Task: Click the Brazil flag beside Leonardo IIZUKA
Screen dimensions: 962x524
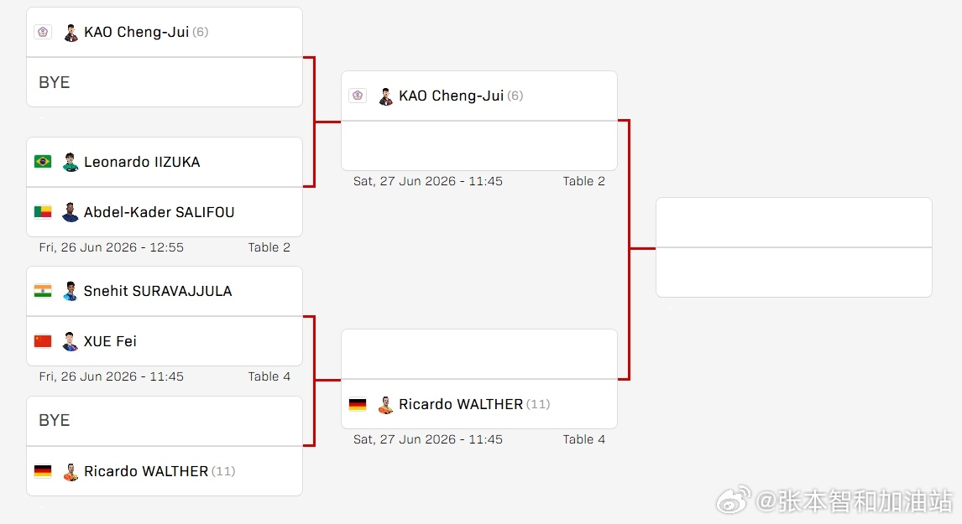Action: (43, 162)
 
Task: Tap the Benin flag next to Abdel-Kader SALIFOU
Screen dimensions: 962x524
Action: (43, 212)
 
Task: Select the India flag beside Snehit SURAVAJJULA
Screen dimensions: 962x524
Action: (43, 291)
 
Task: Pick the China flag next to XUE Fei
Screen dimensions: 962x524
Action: (43, 341)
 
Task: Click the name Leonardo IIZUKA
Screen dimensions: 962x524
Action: (142, 162)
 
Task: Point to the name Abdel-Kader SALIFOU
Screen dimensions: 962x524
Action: (159, 212)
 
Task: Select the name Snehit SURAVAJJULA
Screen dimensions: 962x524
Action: (158, 291)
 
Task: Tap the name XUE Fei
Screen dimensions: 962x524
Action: (110, 341)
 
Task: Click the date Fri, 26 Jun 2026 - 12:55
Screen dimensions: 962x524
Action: (111, 247)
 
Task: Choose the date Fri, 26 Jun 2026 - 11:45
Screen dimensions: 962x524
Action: (111, 376)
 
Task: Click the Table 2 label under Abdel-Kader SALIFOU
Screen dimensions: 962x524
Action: (269, 247)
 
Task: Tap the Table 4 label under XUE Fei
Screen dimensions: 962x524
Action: (269, 376)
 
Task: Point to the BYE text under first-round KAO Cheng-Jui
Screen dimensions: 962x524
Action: (54, 83)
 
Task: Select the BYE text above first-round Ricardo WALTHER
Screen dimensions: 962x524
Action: (54, 420)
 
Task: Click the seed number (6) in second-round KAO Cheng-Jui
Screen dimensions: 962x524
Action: (515, 96)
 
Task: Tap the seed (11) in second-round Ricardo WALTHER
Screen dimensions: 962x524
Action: (538, 404)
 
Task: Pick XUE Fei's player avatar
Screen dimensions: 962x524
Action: (71, 341)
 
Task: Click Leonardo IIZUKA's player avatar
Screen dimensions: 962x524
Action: (71, 162)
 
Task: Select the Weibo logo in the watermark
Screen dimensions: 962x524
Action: (734, 501)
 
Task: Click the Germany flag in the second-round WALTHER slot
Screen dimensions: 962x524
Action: (358, 404)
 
